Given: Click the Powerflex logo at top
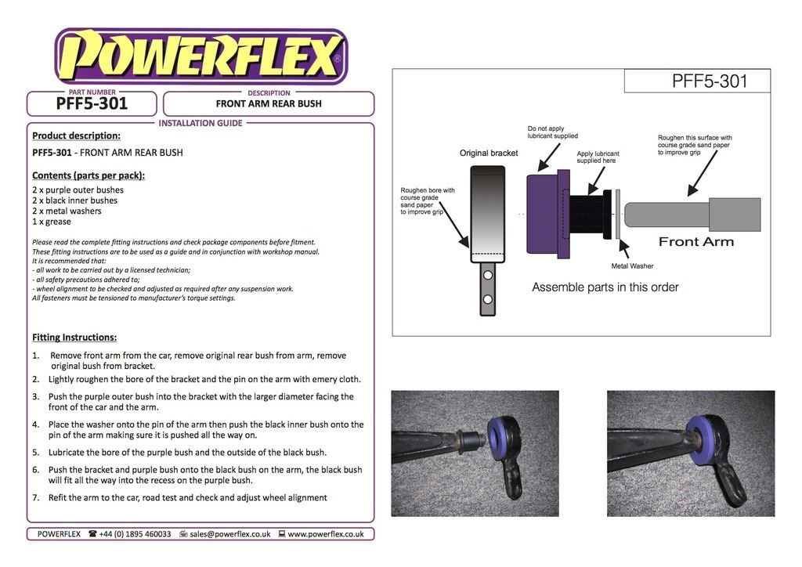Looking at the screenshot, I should pos(200,56).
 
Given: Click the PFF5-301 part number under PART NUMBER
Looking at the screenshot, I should pos(92,104).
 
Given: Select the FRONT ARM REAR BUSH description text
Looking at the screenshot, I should pos(269,103).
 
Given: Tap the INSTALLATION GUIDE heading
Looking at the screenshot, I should pos(200,123).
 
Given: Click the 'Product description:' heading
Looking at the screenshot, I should pos(76,135).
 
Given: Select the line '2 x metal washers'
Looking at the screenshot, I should pos(67,211).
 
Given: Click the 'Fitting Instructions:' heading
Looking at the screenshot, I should pos(74,338).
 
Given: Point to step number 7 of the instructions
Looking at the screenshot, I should pos(35,498).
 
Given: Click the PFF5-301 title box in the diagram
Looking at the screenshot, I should pos(697,81).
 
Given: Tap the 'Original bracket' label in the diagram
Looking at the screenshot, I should pos(488,153).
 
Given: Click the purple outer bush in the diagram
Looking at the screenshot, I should pos(542,214).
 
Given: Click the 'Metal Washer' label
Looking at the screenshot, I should pos(632,266).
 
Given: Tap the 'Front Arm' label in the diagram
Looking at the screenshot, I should pos(695,242).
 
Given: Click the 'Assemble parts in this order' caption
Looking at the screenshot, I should pos(605,287).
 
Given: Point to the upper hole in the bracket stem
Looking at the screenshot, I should pos(487,276).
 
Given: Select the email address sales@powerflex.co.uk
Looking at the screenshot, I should pos(229,534).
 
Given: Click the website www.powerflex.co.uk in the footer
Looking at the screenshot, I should pos(325,534).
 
